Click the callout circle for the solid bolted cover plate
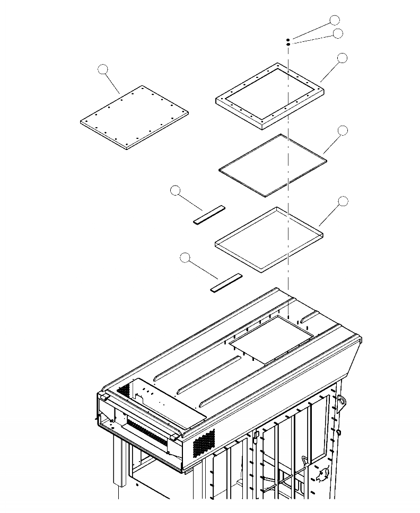click(103, 69)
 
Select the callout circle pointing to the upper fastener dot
click(334, 20)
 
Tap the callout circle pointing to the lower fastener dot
click(338, 33)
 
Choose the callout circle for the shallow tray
click(343, 201)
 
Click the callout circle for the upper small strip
click(176, 191)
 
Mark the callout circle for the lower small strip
click(185, 258)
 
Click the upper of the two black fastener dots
click(288, 40)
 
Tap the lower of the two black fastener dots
click(288, 45)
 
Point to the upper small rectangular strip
click(209, 215)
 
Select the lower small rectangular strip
click(226, 282)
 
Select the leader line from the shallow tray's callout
click(330, 215)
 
